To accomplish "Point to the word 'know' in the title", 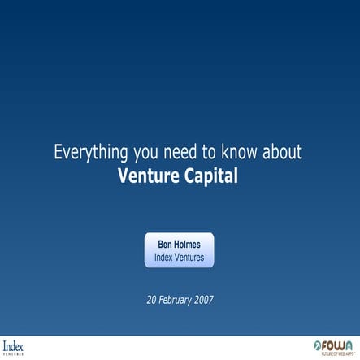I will [241, 152].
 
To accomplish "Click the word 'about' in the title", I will [282, 152].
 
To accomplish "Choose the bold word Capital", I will [214, 175].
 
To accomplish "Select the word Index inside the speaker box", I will [164, 258].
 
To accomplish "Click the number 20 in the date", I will [151, 299].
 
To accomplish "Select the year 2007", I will [203, 299].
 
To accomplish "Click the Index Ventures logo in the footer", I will [14, 347].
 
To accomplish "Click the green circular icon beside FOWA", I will [318, 345].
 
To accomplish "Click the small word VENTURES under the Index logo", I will [13, 354].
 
